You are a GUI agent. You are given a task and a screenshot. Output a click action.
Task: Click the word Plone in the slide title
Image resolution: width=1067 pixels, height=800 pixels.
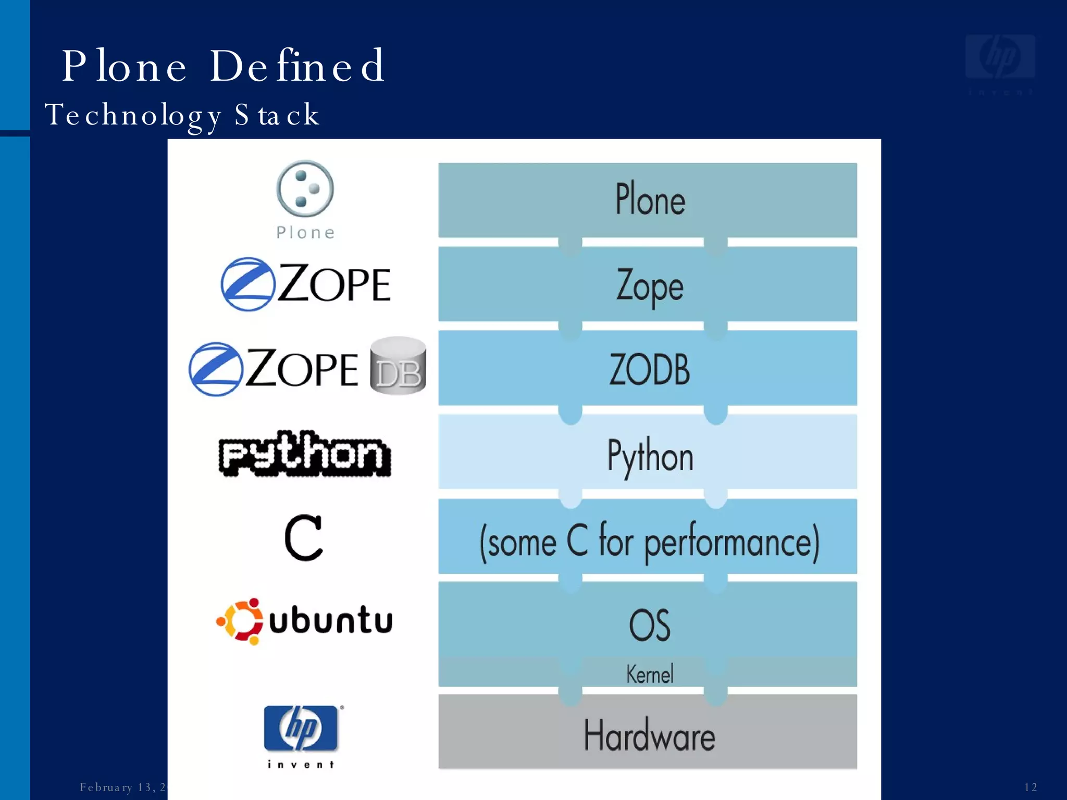click(x=124, y=66)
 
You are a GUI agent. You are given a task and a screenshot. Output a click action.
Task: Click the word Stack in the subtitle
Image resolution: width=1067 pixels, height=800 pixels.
click(x=276, y=115)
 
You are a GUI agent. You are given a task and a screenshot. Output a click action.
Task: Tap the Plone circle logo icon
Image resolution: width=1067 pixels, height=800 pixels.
click(x=305, y=189)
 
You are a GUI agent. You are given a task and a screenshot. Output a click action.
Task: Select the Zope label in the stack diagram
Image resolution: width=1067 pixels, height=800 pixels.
click(x=649, y=286)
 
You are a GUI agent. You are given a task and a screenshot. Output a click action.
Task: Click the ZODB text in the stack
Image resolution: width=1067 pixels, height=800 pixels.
click(x=649, y=369)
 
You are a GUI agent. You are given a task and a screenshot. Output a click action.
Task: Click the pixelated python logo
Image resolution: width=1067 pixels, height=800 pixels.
click(x=305, y=454)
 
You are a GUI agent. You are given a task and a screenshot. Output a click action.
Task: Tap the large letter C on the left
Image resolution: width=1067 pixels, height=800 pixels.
click(x=304, y=538)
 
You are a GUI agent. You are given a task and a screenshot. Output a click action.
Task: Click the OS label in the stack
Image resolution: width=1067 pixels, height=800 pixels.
click(x=649, y=624)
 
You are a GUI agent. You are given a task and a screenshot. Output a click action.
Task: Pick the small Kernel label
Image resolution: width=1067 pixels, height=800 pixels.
click(x=649, y=674)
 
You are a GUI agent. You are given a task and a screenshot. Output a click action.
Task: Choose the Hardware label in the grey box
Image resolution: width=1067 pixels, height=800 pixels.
click(x=649, y=735)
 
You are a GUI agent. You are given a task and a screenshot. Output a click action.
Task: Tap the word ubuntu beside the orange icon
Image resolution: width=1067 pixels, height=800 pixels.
click(x=330, y=620)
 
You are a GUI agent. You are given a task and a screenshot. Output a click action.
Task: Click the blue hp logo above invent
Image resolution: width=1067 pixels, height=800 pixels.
click(x=301, y=728)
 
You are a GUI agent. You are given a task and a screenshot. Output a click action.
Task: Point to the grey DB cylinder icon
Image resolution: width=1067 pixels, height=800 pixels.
click(x=398, y=366)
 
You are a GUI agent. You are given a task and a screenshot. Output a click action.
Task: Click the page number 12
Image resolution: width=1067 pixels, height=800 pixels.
click(x=1030, y=787)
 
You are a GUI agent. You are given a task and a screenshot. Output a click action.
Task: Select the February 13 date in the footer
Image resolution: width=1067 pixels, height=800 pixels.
click(x=122, y=787)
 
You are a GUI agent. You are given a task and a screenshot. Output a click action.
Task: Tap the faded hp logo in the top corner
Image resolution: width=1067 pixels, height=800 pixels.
click(x=1000, y=57)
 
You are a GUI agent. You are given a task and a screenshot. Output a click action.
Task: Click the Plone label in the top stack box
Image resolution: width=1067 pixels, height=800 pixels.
click(x=650, y=199)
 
